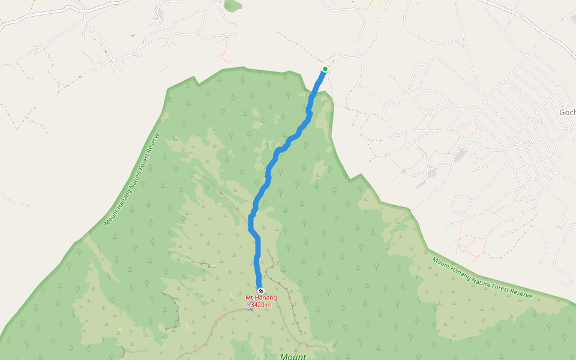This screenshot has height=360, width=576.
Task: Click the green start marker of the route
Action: coord(325,69)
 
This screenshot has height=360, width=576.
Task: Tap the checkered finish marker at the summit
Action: coord(260,291)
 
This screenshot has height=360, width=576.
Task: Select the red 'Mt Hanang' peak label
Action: coord(261,298)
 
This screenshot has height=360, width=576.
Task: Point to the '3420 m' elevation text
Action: coord(261,305)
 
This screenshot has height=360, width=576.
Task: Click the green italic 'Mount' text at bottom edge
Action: coord(293,356)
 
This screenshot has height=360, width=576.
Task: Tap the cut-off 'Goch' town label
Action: coord(567,112)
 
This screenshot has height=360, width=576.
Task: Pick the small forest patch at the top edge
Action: coord(232,6)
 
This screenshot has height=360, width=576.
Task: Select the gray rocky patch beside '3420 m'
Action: coord(249,307)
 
